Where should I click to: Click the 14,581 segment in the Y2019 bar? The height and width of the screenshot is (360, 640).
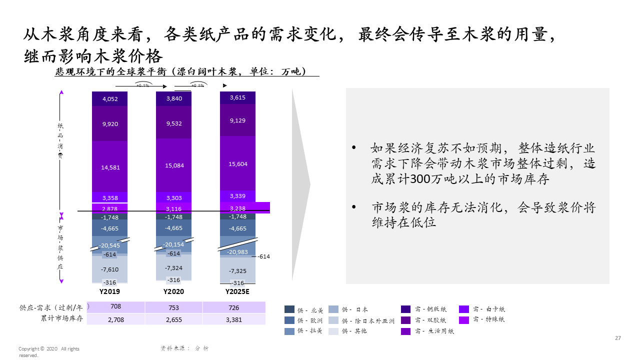click(x=110, y=167)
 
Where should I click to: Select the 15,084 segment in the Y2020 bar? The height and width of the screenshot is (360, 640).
click(x=174, y=165)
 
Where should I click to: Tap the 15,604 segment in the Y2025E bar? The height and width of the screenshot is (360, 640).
click(x=237, y=164)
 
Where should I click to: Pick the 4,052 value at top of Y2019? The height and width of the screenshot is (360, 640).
click(x=110, y=99)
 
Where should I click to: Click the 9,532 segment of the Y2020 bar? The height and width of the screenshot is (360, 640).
click(x=174, y=123)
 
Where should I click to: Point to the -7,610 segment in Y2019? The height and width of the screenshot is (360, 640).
click(x=109, y=269)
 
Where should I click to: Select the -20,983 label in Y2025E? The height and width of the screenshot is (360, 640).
click(x=237, y=252)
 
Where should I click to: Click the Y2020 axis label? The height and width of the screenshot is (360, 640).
click(x=173, y=291)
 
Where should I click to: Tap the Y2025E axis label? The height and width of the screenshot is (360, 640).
click(x=237, y=291)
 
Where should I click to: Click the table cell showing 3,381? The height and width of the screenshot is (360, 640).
click(x=234, y=319)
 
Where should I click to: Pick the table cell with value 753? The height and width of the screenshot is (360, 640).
click(x=174, y=307)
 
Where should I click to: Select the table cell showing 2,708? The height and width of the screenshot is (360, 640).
click(x=116, y=319)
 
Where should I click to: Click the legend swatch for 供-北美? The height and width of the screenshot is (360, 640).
click(x=289, y=309)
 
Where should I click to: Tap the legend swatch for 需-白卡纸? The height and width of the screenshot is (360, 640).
click(x=464, y=309)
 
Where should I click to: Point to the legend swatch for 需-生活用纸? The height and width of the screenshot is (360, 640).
click(x=406, y=331)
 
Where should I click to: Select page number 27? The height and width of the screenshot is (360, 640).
click(x=618, y=338)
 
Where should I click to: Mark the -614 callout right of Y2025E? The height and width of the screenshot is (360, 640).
click(x=263, y=256)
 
